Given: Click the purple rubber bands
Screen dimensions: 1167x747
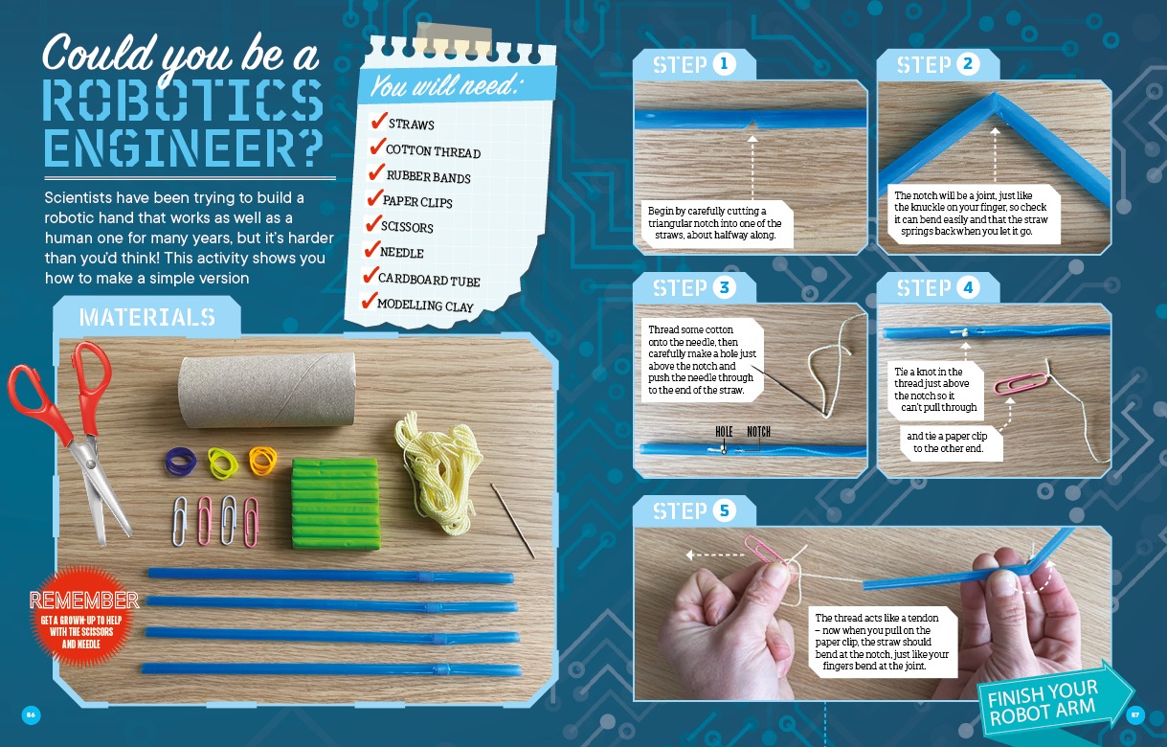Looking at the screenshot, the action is tap(181, 462).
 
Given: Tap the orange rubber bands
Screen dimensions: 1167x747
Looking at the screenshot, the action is tap(262, 462).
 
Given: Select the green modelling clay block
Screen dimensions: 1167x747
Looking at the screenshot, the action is tap(335, 504).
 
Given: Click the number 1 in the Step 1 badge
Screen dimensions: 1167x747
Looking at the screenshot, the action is tap(723, 64).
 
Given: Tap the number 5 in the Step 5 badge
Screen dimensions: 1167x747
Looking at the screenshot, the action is tap(724, 510).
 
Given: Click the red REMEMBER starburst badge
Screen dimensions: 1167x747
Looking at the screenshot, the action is tap(83, 617).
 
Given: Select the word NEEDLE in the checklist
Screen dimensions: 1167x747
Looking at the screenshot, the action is tap(402, 252).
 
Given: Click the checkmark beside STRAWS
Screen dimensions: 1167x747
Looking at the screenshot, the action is tap(379, 120).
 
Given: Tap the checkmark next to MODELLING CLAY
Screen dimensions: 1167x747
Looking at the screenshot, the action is tap(370, 301).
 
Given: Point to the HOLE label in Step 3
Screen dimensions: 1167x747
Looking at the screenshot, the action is tap(724, 432).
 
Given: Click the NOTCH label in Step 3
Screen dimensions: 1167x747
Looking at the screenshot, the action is tap(758, 432).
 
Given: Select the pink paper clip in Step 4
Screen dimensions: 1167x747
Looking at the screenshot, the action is tap(1021, 384).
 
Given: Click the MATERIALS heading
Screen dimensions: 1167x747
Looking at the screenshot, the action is tap(146, 317).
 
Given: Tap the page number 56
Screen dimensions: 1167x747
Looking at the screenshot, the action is tap(31, 714).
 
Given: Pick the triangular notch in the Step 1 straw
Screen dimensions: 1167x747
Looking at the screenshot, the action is tap(752, 125).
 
